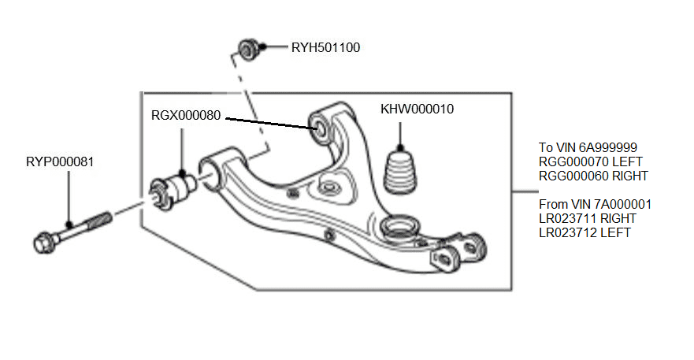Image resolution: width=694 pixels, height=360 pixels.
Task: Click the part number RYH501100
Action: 325,47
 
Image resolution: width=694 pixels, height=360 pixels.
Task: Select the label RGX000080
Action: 186,115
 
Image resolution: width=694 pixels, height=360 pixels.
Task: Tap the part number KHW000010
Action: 418,109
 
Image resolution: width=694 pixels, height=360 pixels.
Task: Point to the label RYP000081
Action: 60,161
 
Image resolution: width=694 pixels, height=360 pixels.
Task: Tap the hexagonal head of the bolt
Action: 44,239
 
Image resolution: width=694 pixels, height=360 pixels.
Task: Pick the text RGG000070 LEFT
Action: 591,161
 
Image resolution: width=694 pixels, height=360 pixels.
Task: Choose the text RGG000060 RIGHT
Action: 593,176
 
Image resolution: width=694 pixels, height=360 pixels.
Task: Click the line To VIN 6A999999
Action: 588,147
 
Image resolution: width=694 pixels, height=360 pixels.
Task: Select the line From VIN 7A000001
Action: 595,204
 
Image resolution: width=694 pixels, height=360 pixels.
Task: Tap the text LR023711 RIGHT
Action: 587,218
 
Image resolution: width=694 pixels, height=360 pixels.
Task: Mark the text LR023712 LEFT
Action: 584,232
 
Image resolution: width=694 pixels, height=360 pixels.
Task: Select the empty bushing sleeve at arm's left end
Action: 211,169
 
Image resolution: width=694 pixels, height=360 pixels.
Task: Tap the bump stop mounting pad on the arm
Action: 328,188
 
